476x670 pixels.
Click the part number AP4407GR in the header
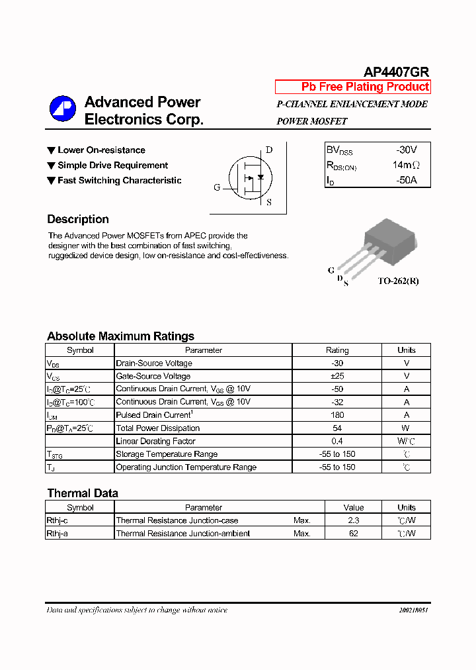396,72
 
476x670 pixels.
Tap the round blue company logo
62,110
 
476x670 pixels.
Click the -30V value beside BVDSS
406,150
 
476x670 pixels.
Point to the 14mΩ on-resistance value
405,165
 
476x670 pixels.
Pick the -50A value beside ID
406,179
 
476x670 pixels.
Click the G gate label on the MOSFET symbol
217,187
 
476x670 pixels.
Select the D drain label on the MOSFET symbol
269,150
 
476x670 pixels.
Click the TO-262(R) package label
398,281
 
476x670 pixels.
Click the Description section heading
78,219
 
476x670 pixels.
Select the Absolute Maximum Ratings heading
120,336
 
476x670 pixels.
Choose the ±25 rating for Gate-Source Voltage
337,376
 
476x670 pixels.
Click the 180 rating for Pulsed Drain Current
337,415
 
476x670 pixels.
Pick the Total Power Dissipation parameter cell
157,428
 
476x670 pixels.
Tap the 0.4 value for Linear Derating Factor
337,441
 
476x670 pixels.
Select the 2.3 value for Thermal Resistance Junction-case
354,520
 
